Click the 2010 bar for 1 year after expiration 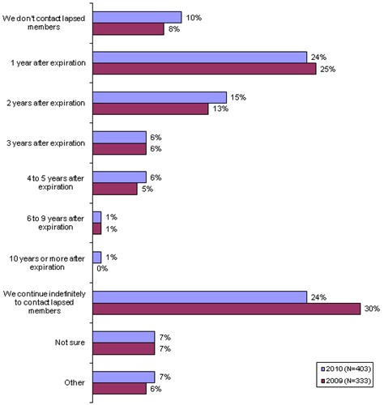click(200, 58)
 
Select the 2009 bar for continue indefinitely click(227, 309)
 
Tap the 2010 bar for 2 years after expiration click(160, 97)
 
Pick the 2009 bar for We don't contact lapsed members click(128, 29)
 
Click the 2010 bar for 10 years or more click(97, 258)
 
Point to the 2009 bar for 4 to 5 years click(115, 189)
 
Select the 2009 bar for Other click(120, 389)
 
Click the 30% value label click(372, 309)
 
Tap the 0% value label click(102, 269)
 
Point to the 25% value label click(328, 70)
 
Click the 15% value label click(238, 97)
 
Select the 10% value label click(194, 18)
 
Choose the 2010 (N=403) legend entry click(346, 369)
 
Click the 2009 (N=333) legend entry click(346, 381)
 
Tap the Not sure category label click(70, 343)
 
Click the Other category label click(75, 382)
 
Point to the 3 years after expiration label click(46, 143)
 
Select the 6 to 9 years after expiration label click(55, 223)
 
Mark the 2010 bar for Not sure click(124, 337)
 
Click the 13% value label click(220, 109)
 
